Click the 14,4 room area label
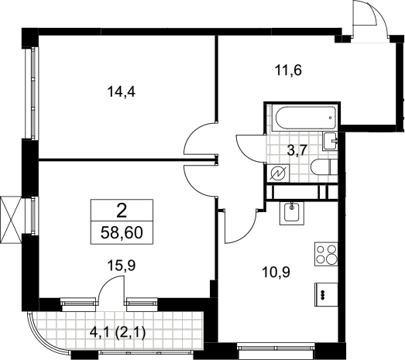[121, 91]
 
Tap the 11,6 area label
[288, 70]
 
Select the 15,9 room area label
[122, 266]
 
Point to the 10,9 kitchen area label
[276, 272]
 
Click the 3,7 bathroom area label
[297, 149]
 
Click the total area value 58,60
[122, 233]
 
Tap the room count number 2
[122, 211]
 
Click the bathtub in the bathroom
[306, 117]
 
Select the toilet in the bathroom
[324, 167]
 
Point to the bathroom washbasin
[331, 141]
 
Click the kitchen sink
[292, 213]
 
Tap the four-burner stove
[326, 254]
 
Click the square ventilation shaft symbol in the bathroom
[278, 173]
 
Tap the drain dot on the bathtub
[331, 118]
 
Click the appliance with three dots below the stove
[326, 295]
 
